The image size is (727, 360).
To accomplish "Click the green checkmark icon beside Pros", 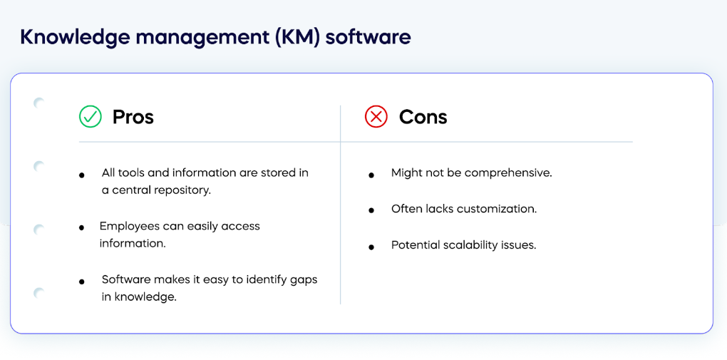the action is [90, 116].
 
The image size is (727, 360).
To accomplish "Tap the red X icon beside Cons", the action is [376, 116].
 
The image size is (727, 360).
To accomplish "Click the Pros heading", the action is [133, 117].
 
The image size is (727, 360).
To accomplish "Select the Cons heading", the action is [423, 117].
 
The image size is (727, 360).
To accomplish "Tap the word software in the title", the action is [368, 37].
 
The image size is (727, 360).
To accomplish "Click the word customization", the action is [497, 209].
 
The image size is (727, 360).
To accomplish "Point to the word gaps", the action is [306, 281].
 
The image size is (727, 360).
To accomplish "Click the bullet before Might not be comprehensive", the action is [371, 175].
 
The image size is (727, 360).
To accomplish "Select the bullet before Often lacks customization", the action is [371, 210].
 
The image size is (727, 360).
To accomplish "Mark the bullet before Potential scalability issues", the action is [371, 247].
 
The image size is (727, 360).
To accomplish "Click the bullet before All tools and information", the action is [82, 175].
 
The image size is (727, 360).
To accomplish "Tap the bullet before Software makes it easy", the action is [82, 282].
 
